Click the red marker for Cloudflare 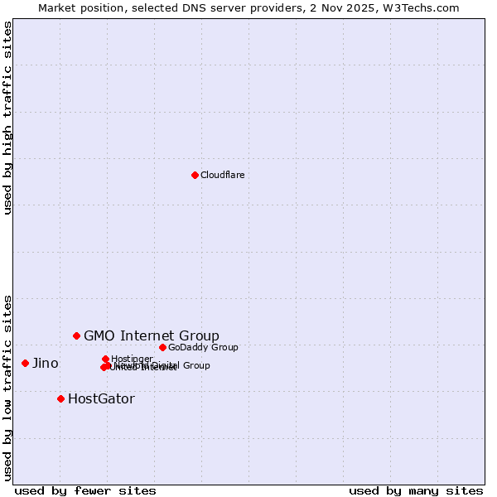click(x=195, y=175)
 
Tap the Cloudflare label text click(x=223, y=175)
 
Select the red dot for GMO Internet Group click(x=76, y=335)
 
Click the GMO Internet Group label click(x=152, y=335)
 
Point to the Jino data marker click(x=25, y=363)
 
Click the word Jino click(x=46, y=363)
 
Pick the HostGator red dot click(x=60, y=398)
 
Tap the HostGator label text click(x=101, y=398)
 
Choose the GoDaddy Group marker click(x=162, y=347)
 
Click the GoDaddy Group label click(x=203, y=347)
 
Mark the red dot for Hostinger click(x=105, y=359)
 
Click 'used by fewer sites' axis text click(x=85, y=490)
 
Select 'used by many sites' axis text click(x=416, y=490)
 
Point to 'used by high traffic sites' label click(x=7, y=118)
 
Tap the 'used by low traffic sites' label click(x=7, y=388)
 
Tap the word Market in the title click(x=59, y=7)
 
